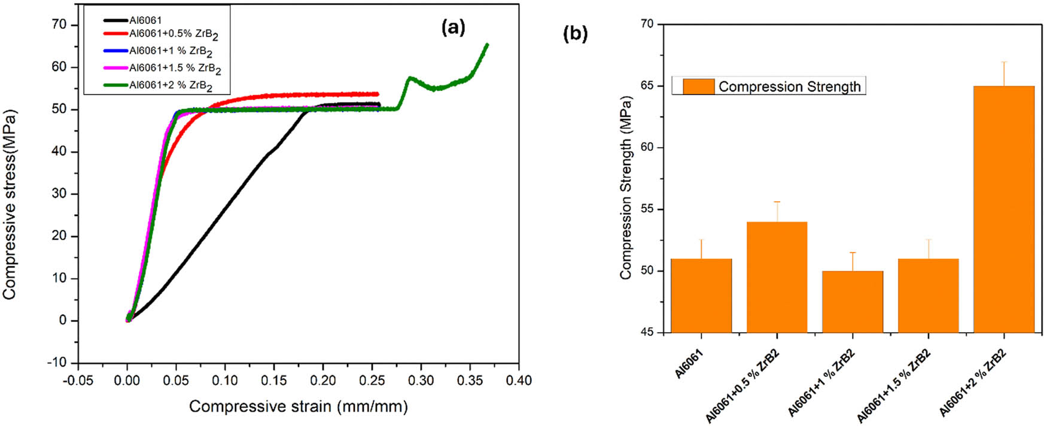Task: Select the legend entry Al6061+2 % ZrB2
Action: [171, 86]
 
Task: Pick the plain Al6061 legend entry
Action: [145, 20]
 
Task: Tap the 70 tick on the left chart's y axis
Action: [60, 25]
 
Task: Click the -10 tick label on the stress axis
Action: [57, 363]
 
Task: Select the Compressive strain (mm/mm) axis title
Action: [298, 407]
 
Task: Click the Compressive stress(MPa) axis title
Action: [9, 204]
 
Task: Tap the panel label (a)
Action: [453, 27]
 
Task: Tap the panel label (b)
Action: [575, 34]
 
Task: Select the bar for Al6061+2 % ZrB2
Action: [1003, 209]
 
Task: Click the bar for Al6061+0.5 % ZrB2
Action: [777, 277]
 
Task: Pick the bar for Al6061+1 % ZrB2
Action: [852, 302]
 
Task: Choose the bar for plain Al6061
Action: [701, 296]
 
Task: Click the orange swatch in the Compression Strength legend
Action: [698, 87]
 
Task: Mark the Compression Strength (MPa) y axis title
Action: [626, 187]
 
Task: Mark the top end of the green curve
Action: [486, 44]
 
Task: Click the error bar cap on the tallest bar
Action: [1003, 62]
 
